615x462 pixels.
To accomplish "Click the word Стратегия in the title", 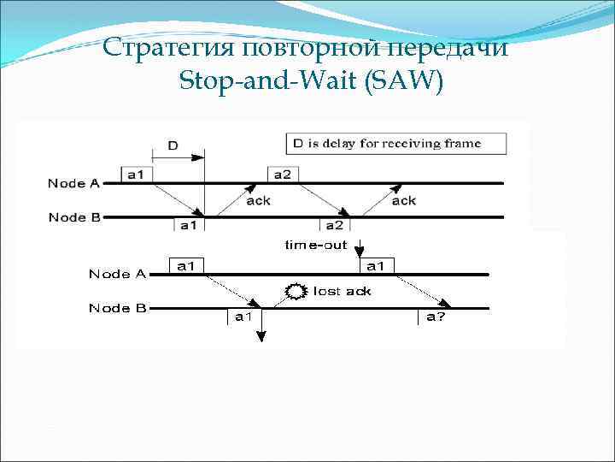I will (x=169, y=48).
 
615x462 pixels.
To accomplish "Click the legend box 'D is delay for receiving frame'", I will (x=396, y=143).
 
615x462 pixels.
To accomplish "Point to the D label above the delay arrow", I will (x=173, y=145).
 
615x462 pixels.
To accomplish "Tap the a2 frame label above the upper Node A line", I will (x=281, y=175).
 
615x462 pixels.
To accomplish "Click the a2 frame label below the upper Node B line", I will (x=334, y=225).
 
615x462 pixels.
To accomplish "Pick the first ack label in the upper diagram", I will (x=259, y=201).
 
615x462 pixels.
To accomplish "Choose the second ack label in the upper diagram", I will (x=404, y=201).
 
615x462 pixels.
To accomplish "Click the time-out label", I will (x=316, y=246).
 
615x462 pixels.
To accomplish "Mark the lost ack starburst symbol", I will (x=296, y=292).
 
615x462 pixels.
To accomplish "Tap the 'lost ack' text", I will (x=342, y=292).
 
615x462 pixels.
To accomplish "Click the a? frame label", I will (x=437, y=317).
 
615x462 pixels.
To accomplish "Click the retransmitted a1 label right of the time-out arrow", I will (x=376, y=266).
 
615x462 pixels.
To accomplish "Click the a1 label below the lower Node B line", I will (x=243, y=317).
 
